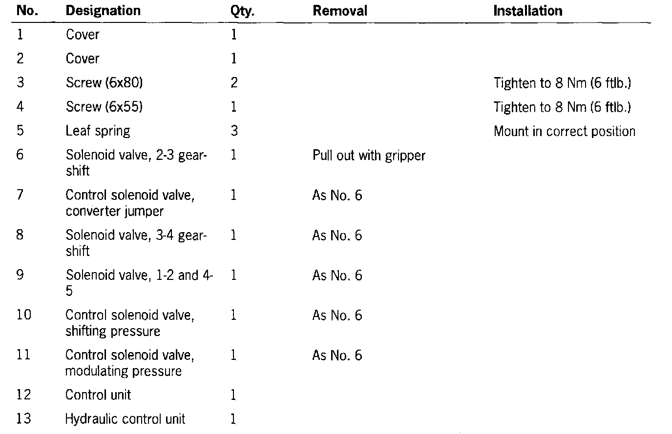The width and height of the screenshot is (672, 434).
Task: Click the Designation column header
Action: [x=103, y=11]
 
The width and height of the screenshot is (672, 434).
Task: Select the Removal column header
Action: [x=340, y=11]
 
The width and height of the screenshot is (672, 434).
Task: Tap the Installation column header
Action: [x=527, y=11]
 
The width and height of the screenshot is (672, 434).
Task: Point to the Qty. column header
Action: [x=242, y=11]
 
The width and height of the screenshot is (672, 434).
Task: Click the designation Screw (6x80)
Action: [x=104, y=83]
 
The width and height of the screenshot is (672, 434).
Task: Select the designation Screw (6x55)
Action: [x=104, y=107]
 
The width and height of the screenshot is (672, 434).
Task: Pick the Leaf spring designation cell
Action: [x=98, y=131]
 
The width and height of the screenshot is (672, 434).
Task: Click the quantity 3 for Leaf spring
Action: [x=234, y=131]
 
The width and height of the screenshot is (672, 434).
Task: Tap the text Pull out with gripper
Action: [x=369, y=156]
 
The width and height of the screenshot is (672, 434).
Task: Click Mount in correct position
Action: [x=564, y=131]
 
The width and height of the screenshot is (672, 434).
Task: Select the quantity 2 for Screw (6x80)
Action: [x=234, y=83]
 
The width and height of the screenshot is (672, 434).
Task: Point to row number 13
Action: [x=23, y=419]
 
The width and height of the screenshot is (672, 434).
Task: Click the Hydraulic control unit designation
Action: [x=125, y=419]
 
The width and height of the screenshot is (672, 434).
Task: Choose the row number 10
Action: [x=23, y=315]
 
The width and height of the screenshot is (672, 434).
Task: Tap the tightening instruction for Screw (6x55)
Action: [x=562, y=107]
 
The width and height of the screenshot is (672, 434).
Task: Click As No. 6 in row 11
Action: [x=337, y=355]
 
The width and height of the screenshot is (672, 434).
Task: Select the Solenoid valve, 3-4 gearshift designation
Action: [x=136, y=243]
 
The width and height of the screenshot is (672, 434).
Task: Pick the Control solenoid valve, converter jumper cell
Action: [x=129, y=203]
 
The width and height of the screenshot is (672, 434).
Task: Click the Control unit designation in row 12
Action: [x=98, y=395]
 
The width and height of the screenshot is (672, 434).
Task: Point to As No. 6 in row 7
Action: [x=337, y=196]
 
